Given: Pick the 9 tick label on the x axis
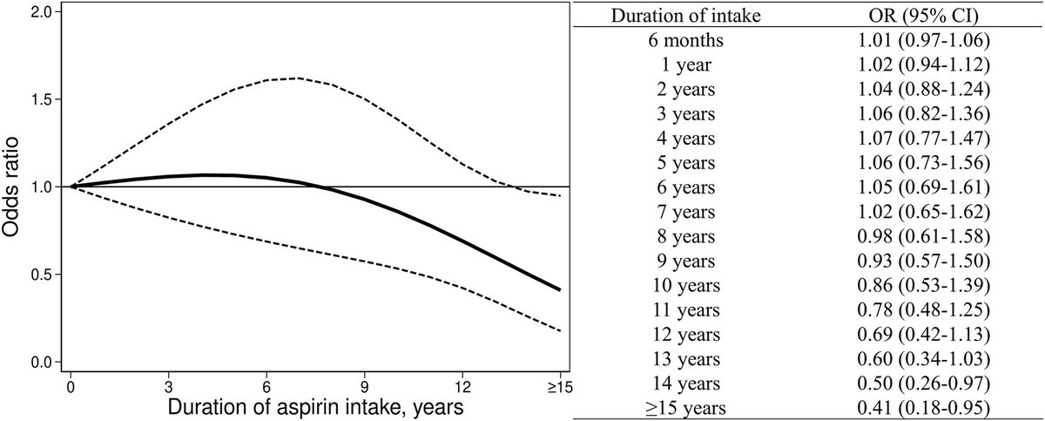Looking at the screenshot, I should click(365, 384).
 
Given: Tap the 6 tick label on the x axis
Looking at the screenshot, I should click(267, 384).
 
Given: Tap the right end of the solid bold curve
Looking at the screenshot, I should click(559, 289).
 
